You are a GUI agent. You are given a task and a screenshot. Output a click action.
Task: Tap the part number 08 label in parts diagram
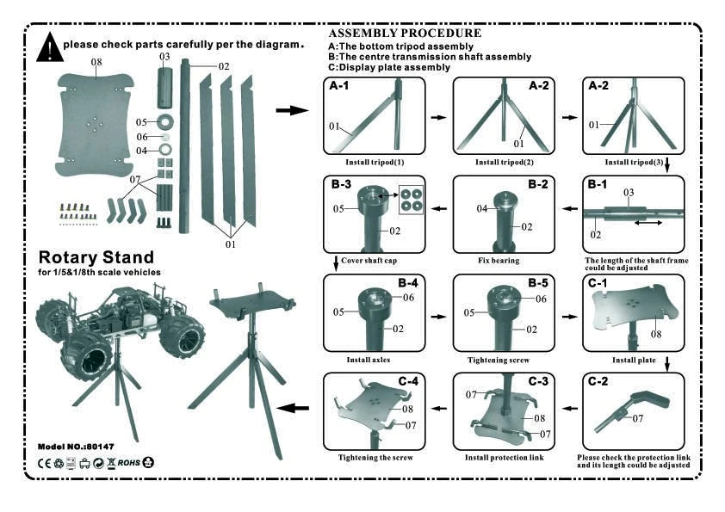point(96,63)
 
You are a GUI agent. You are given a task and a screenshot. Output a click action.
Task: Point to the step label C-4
point(408,381)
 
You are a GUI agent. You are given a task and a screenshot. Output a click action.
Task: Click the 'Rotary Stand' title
point(96,257)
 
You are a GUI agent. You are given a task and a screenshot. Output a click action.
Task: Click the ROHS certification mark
point(128,463)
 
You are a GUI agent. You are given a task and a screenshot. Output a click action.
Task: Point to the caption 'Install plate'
point(633,359)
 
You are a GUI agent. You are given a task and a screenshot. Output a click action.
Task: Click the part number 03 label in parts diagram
point(164,56)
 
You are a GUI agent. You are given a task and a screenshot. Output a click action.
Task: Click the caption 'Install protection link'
point(504,458)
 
